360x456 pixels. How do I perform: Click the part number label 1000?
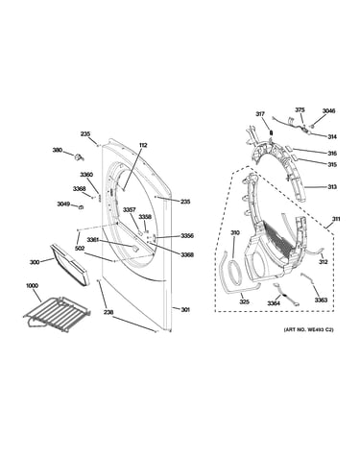pyautogui.click(x=32, y=285)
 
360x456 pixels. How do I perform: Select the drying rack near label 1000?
pyautogui.click(x=57, y=311)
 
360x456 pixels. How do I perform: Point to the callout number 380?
pyautogui.click(x=58, y=150)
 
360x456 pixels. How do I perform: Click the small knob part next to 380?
pyautogui.click(x=79, y=156)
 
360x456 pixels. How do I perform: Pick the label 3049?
pyautogui.click(x=63, y=204)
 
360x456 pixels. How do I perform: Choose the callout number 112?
pyautogui.click(x=143, y=145)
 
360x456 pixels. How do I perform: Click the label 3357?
pyautogui.click(x=130, y=209)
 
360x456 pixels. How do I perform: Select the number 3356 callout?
pyautogui.click(x=187, y=236)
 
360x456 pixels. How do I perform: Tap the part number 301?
pyautogui.click(x=185, y=309)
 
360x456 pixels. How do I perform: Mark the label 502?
pyautogui.click(x=79, y=248)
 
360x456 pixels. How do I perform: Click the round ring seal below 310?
pyautogui.click(x=234, y=273)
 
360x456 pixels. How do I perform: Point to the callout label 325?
pyautogui.click(x=245, y=301)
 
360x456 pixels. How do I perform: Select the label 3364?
pyautogui.click(x=274, y=303)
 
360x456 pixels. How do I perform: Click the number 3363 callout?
pyautogui.click(x=321, y=300)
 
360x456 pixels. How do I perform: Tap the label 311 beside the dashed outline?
pyautogui.click(x=336, y=219)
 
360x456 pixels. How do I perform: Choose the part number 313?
pyautogui.click(x=332, y=187)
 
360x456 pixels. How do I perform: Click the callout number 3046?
pyautogui.click(x=328, y=111)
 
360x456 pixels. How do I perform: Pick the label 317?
pyautogui.click(x=260, y=113)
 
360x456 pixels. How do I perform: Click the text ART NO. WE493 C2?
pyautogui.click(x=308, y=329)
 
